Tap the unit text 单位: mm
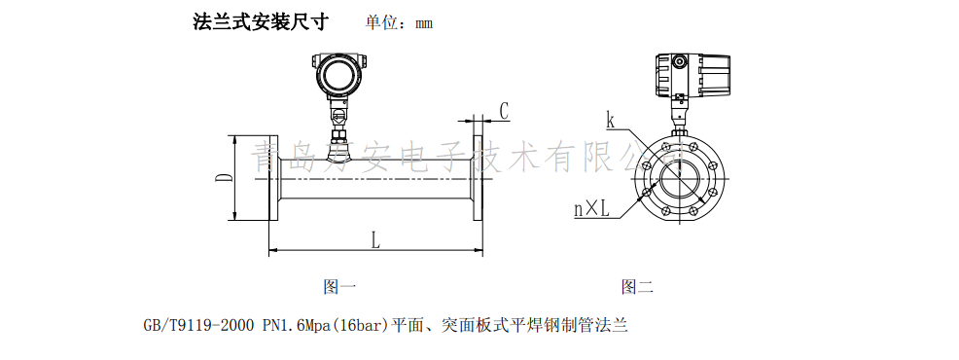(x=399, y=22)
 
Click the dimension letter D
(x=222, y=178)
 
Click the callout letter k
(x=610, y=121)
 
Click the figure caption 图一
(x=339, y=287)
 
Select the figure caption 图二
(x=637, y=287)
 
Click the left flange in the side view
(x=273, y=179)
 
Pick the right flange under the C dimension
(x=479, y=179)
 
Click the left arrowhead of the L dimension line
(x=271, y=251)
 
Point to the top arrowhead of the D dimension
(x=235, y=139)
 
